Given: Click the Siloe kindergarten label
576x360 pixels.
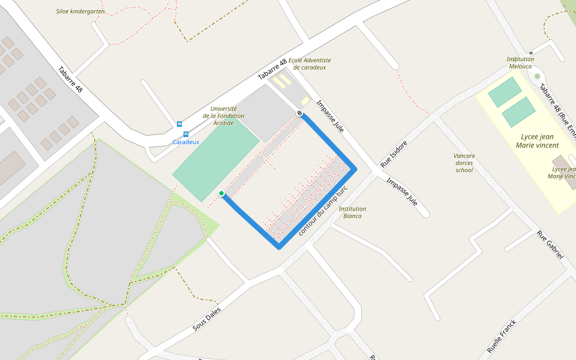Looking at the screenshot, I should pos(80,11).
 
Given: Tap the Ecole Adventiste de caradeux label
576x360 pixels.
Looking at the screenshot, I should pos(310,64).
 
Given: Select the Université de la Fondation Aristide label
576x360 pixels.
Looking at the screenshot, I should pos(223,116).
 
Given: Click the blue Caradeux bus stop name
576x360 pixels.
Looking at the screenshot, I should pos(185,142).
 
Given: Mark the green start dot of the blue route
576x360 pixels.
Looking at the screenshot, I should pos(221,193).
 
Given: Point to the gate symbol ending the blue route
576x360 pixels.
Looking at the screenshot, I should pos(299,113).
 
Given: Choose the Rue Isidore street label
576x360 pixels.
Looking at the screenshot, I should pos(394,154).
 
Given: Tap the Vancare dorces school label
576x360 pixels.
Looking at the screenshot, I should pos(464,163).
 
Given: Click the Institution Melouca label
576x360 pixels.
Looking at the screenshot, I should pos(520,62).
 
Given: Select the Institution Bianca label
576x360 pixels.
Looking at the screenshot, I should pos(352,212).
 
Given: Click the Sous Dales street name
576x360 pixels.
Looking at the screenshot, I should pos(206,320).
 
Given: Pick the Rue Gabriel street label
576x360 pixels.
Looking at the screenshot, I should pos(550,245).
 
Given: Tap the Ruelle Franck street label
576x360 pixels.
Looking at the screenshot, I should pos(502,336).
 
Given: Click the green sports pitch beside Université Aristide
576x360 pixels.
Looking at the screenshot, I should pos(215,160).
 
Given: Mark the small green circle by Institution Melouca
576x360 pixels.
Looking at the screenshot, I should pos(537,76).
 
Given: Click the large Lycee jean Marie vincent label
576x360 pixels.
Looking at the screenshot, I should pos(537,141).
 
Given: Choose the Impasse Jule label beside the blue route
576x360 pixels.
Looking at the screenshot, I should pos(330,115).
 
